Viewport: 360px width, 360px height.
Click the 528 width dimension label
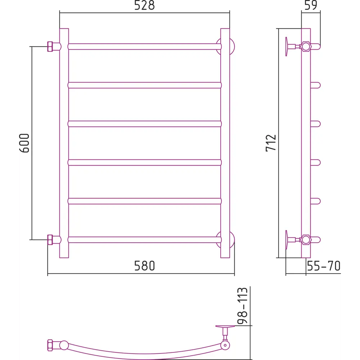[144, 5]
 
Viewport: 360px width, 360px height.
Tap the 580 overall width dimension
[144, 266]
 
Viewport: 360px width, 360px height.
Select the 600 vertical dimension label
[24, 143]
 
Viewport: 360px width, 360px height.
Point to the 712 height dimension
[271, 143]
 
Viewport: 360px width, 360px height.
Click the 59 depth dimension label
[311, 5]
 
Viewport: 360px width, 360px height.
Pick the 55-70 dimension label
[324, 266]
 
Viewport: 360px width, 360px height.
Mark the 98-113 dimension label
[242, 306]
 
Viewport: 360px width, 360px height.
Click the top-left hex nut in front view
[50, 46]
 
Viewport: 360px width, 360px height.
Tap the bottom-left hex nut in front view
[50, 240]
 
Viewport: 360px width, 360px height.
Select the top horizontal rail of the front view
[145, 46]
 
